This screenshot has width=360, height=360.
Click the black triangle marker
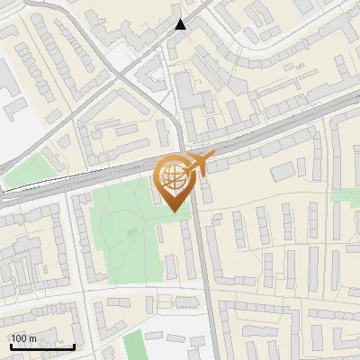181,24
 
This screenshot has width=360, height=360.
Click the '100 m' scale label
24,338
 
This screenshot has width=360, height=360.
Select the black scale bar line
42,346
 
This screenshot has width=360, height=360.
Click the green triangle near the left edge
25,171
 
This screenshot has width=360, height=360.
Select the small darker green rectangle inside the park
132,232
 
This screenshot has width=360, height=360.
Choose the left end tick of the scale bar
11,346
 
